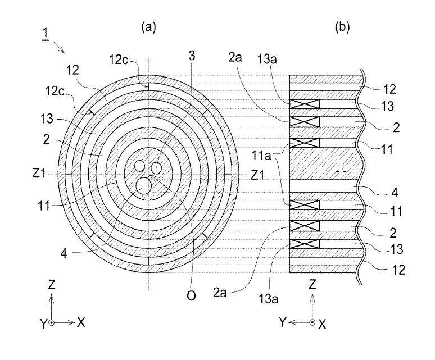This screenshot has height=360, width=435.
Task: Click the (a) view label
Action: click(149, 26)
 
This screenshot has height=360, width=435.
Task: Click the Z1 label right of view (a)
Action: click(257, 174)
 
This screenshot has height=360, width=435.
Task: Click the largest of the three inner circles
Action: click(144, 185)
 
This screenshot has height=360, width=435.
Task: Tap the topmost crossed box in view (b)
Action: click(304, 104)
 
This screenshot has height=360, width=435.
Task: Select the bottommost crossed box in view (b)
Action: click(304, 244)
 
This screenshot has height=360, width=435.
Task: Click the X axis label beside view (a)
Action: click(81, 322)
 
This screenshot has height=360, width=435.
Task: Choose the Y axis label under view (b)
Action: click(283, 323)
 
